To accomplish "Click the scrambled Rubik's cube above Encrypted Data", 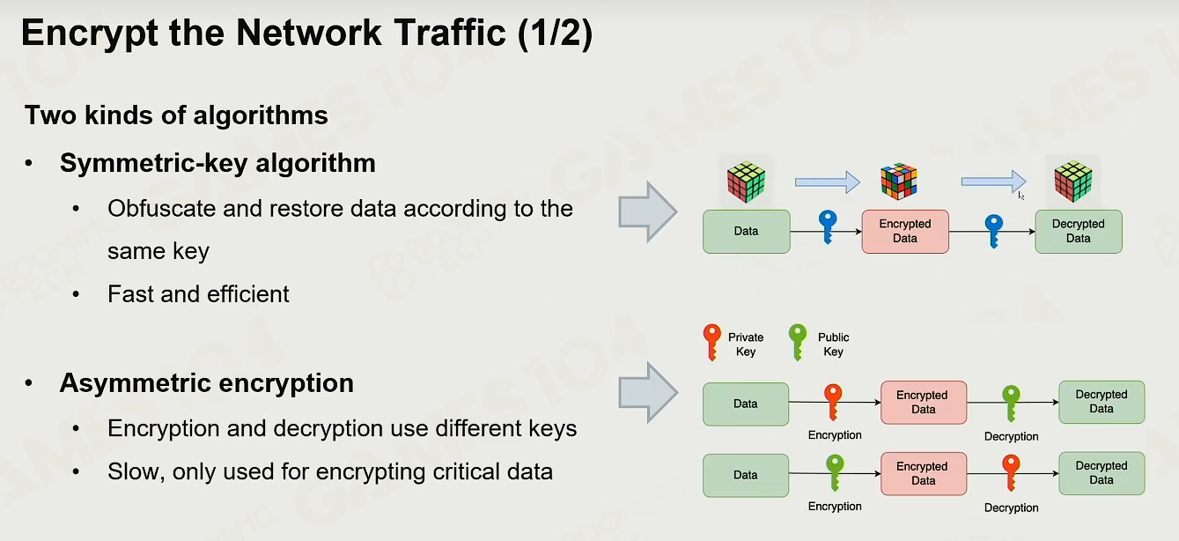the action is pyautogui.click(x=898, y=182).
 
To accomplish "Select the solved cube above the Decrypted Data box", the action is pyautogui.click(x=1073, y=182).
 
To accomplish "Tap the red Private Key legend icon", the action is pyautogui.click(x=712, y=342).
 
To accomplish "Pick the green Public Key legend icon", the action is pyautogui.click(x=798, y=342).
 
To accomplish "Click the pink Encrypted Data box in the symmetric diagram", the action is pyautogui.click(x=905, y=232).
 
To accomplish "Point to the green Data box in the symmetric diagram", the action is pyautogui.click(x=747, y=232).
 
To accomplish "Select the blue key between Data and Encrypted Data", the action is pyautogui.click(x=828, y=227).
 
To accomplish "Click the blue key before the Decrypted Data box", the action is pyautogui.click(x=994, y=231).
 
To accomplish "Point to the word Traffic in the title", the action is pyautogui.click(x=450, y=33).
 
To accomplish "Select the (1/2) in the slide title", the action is pyautogui.click(x=556, y=33).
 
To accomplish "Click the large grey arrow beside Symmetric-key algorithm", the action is pyautogui.click(x=647, y=211).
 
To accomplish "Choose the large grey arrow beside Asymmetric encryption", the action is pyautogui.click(x=647, y=392).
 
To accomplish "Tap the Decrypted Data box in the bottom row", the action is pyautogui.click(x=1102, y=473).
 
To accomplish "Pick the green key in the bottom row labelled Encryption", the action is pyautogui.click(x=835, y=472).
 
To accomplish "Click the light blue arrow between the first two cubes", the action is pyautogui.click(x=828, y=182).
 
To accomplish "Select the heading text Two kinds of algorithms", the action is pyautogui.click(x=176, y=115).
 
